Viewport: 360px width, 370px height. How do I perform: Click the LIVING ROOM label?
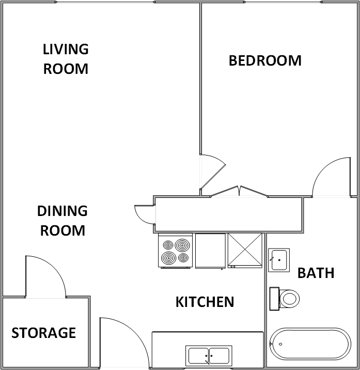66,59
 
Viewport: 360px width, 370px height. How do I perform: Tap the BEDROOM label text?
265,60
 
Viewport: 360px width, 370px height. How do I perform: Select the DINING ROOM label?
62,221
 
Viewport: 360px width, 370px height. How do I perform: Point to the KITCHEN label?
205,302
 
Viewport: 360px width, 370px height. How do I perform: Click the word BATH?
316,273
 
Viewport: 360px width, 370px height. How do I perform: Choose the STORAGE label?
44,333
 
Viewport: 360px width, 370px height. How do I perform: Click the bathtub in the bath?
310,343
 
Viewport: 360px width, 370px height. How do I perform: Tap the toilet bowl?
288,298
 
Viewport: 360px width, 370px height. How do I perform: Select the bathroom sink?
278,259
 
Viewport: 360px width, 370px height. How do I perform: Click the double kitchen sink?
209,356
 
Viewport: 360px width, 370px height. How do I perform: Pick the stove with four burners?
175,251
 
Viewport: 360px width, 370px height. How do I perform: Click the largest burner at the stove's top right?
182,244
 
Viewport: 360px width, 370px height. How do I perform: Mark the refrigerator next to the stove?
210,251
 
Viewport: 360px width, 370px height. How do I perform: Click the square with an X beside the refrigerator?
245,251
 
